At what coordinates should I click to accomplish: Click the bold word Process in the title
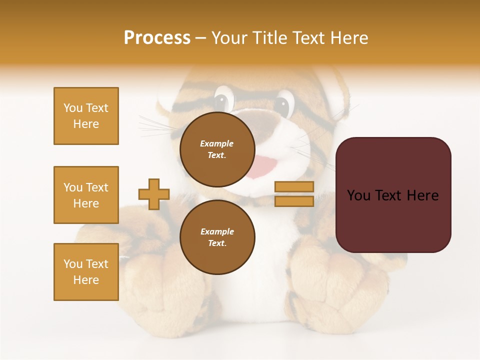coord(157,38)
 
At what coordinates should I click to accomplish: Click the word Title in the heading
coord(269,38)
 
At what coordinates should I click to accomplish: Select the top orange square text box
coord(86,116)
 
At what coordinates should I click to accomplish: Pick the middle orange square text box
coord(86,195)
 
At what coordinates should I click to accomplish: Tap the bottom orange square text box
coord(86,271)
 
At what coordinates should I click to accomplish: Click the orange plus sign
coord(154,194)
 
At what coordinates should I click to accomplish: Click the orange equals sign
coord(294,194)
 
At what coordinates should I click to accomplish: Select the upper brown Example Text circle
coord(217,149)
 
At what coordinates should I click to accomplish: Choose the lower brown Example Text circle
coord(217,237)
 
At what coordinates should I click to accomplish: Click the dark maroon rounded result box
coord(393,194)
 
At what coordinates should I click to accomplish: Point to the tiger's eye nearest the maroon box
coord(283,105)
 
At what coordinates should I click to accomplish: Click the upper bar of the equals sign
coord(294,187)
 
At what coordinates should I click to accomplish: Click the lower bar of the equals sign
coord(294,201)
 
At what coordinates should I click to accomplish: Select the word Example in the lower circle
coord(217,231)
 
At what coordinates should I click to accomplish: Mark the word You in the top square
coord(73,108)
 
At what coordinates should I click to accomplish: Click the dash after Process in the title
coord(201,38)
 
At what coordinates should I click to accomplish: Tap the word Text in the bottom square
coord(96,264)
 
